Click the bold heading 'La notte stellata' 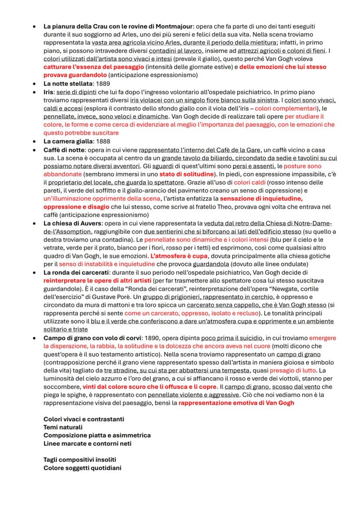click(x=68, y=83)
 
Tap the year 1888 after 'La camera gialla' click(x=103, y=141)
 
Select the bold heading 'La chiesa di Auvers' click(x=72, y=223)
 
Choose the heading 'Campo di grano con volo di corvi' click(x=92, y=338)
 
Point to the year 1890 click(x=152, y=338)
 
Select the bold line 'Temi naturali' click(x=63, y=427)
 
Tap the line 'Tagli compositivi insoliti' click(x=80, y=459)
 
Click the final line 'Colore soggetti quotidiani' click(x=82, y=468)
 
